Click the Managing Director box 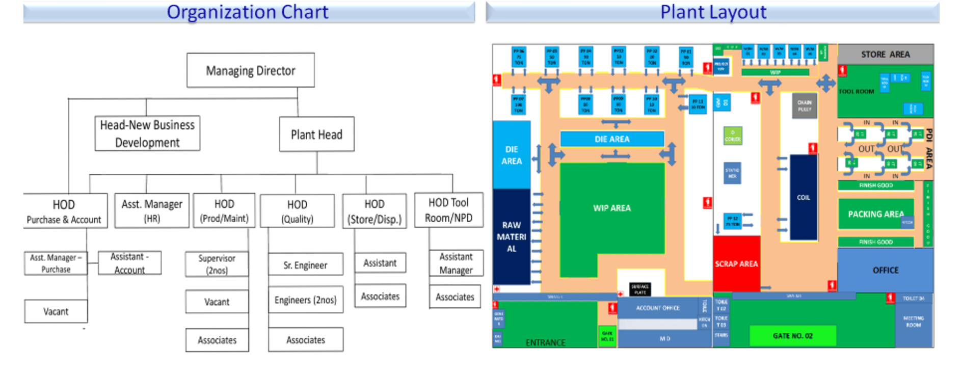[x=250, y=70]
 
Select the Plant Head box [x=316, y=135]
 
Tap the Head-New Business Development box [x=147, y=134]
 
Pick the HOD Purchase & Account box [x=64, y=211]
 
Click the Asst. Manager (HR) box [x=152, y=210]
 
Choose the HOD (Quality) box [x=297, y=211]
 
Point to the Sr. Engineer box [x=305, y=265]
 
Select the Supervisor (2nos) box [x=217, y=264]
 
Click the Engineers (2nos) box [x=305, y=300]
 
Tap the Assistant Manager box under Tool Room [x=456, y=263]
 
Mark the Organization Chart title [x=248, y=12]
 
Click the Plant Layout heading [x=713, y=12]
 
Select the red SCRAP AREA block [x=736, y=263]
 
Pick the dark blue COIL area [x=804, y=198]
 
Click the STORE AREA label [x=885, y=54]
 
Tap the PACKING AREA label [x=875, y=214]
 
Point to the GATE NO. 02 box [x=792, y=336]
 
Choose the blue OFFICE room [x=886, y=270]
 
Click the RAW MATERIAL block [x=512, y=237]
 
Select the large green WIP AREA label [x=612, y=208]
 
